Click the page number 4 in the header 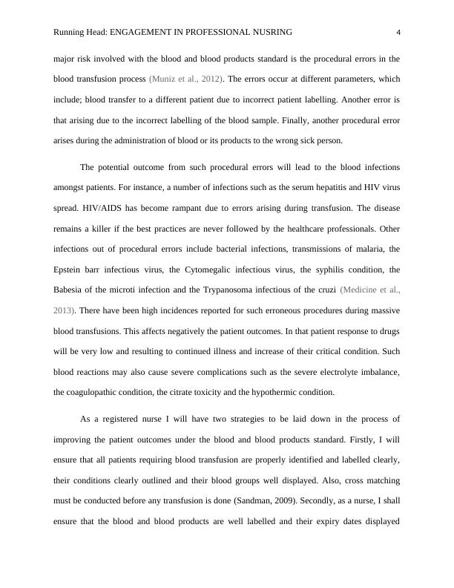[x=399, y=32]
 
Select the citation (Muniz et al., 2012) [x=183, y=78]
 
